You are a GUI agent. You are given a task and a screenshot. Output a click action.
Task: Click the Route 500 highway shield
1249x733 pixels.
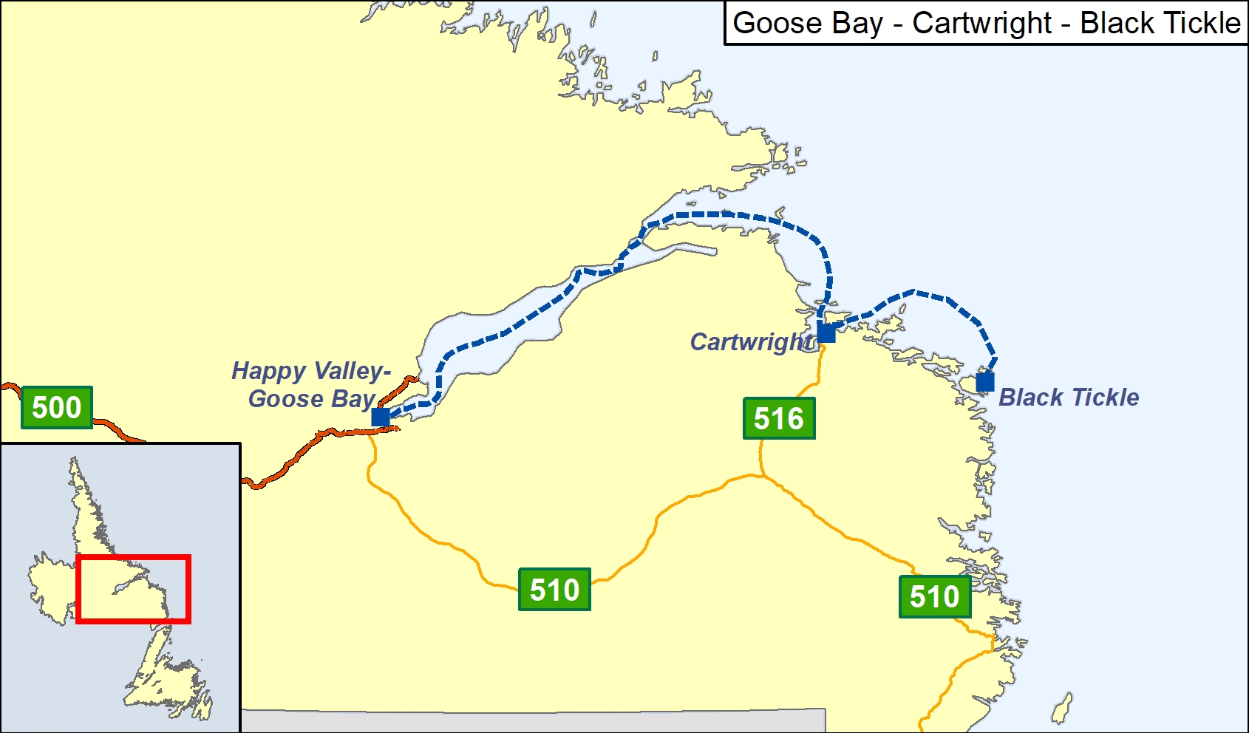coord(57,407)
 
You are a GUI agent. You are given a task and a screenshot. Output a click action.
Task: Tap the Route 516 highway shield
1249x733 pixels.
coord(779,418)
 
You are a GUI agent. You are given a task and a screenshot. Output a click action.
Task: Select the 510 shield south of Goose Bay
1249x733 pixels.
coord(554,590)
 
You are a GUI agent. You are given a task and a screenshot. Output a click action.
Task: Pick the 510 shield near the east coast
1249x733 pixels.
coord(934,596)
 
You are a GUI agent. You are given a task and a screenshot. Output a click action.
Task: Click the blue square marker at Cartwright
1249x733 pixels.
coord(826,333)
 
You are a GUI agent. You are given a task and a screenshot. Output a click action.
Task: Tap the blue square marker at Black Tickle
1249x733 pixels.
coord(984,382)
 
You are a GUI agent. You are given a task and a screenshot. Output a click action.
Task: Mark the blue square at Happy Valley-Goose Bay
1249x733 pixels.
coord(381,417)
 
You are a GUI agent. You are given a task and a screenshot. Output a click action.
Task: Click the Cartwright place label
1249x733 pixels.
coord(751,342)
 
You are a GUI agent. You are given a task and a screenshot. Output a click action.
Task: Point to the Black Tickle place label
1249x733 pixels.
coord(1069,398)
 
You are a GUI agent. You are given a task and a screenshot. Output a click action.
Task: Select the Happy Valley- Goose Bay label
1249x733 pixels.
coord(311,384)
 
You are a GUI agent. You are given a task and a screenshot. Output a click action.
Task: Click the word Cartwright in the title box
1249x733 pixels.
coord(981,24)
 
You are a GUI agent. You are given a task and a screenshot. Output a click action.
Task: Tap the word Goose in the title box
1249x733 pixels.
coord(777,24)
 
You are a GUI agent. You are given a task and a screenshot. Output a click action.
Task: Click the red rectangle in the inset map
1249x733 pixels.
coord(133,556)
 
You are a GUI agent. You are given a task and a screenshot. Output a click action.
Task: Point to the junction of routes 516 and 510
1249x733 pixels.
coord(761,476)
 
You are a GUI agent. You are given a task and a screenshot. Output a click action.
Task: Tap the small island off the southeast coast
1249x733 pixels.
coord(1062,709)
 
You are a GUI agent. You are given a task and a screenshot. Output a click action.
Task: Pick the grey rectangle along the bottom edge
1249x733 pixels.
coord(532,721)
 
